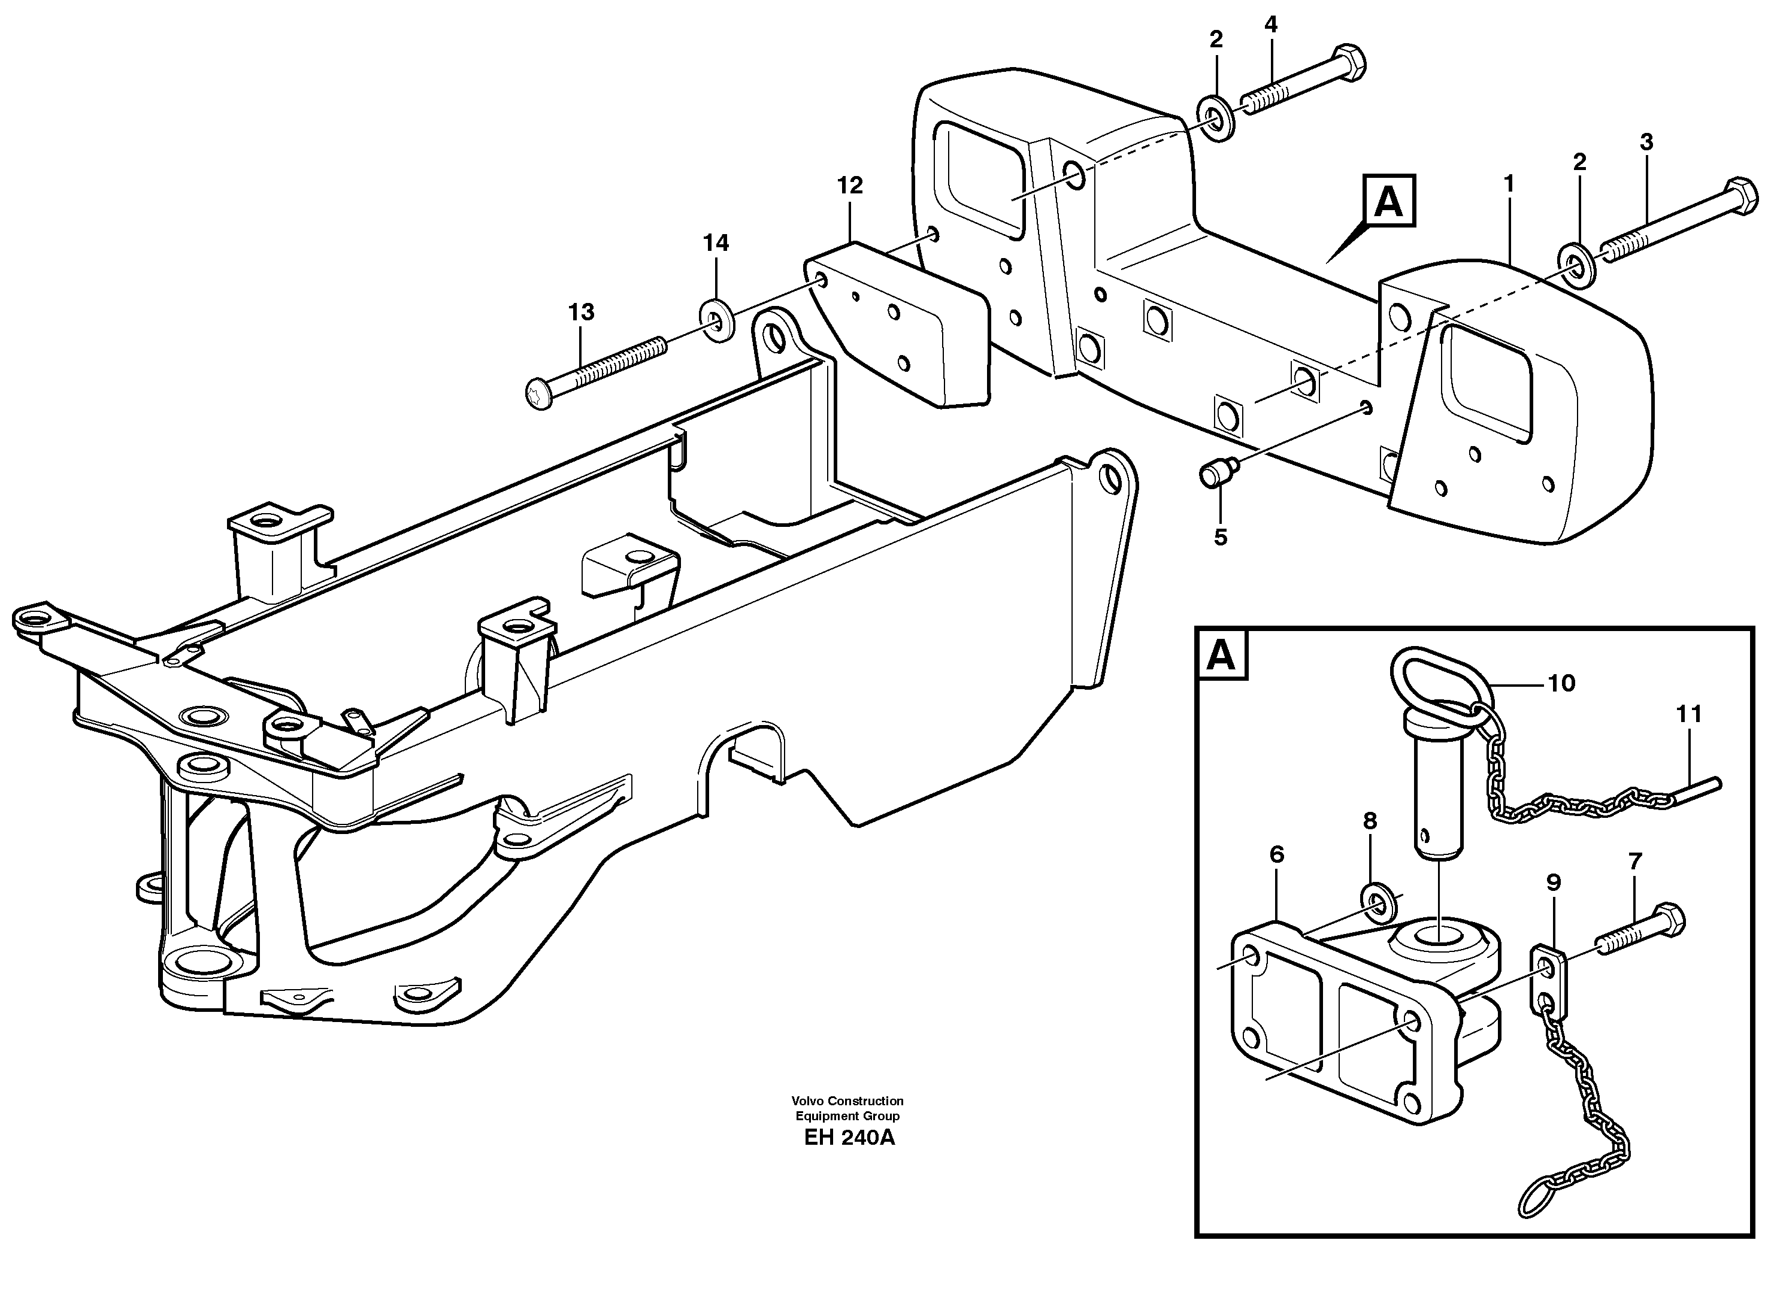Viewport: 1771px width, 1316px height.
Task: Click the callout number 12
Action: [849, 186]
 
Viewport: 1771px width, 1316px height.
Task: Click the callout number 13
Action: [581, 313]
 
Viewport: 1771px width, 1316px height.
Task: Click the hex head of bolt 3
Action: [1739, 196]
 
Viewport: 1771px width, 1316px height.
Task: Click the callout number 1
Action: [1508, 184]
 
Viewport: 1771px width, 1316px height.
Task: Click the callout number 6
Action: [1276, 855]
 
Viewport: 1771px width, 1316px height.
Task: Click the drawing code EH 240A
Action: [849, 1138]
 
